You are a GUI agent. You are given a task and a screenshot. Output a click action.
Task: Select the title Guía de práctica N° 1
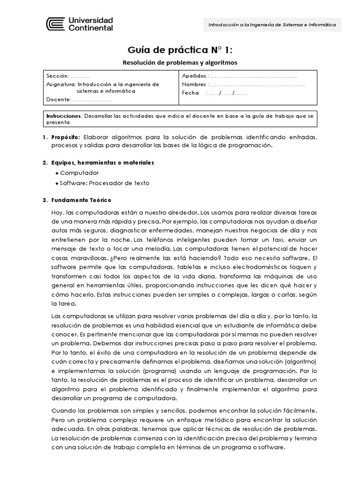click(x=180, y=50)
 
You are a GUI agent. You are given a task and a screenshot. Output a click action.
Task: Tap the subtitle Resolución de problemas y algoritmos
click(x=180, y=62)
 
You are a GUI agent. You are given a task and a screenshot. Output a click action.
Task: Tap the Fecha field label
click(x=190, y=93)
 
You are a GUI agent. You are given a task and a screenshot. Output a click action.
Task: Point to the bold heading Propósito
click(x=66, y=136)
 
